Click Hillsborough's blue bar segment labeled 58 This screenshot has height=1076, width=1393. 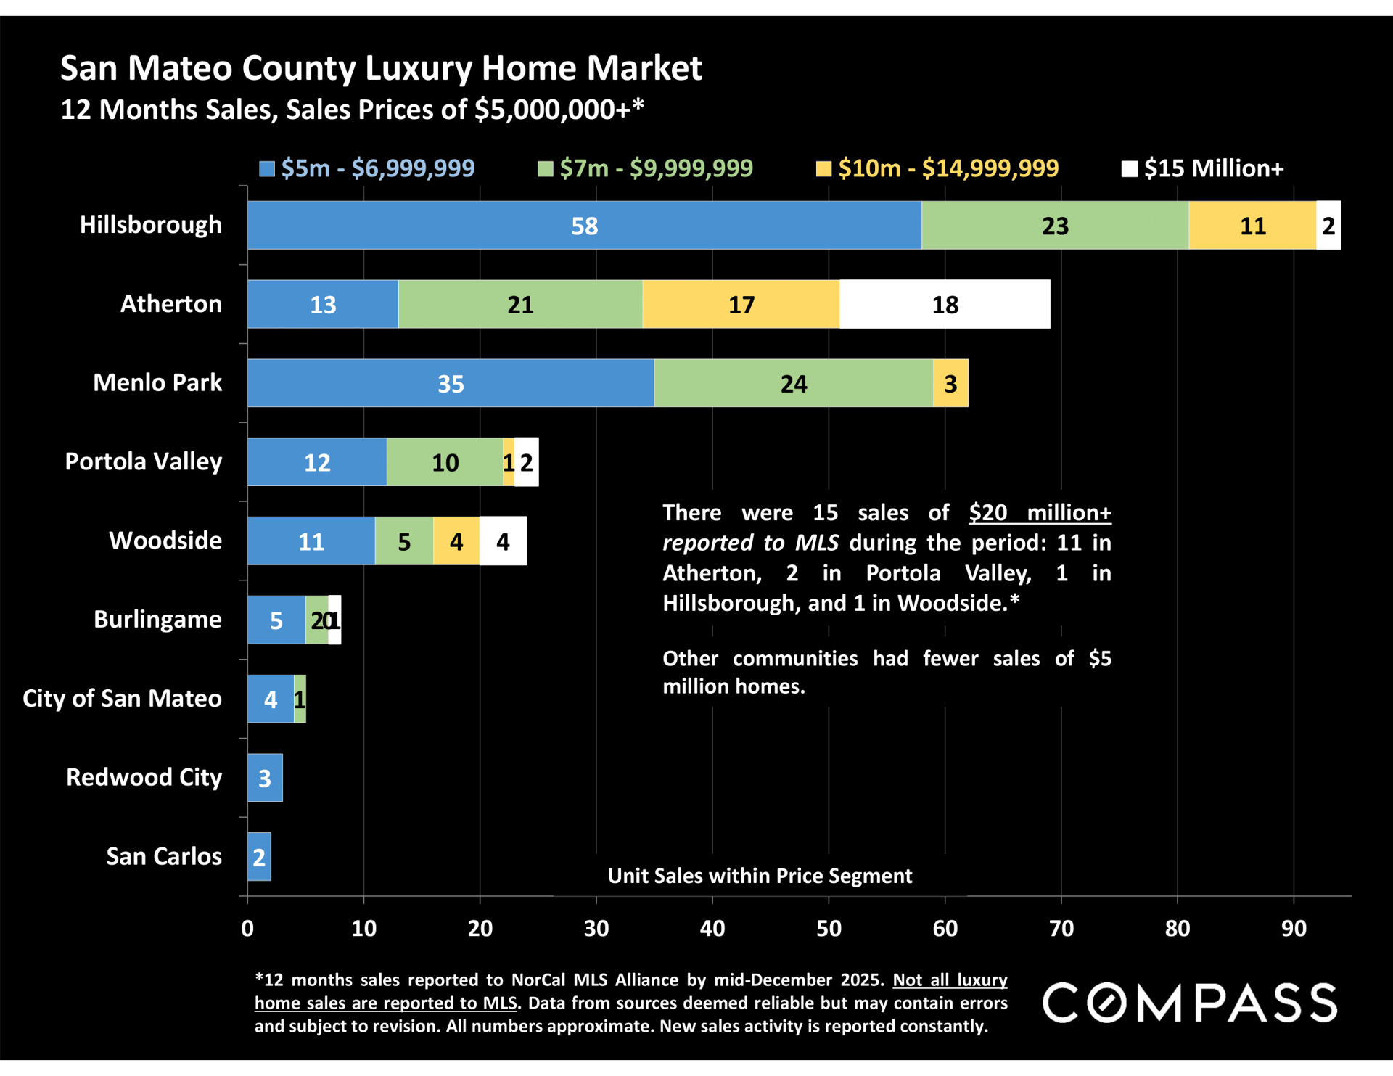click(x=584, y=226)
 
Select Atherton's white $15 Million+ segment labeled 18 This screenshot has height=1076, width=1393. click(x=945, y=304)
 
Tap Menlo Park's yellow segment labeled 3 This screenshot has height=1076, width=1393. click(x=950, y=383)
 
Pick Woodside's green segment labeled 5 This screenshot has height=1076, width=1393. click(x=404, y=541)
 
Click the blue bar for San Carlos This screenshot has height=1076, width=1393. click(x=259, y=857)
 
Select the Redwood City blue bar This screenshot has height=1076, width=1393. click(x=265, y=778)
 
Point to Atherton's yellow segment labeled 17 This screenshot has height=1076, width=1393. click(x=741, y=304)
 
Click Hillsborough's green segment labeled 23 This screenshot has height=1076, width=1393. click(x=1055, y=226)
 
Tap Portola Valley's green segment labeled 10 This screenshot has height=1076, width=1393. click(x=445, y=462)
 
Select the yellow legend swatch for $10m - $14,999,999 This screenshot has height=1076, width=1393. click(x=823, y=169)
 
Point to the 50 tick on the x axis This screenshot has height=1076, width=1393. click(x=829, y=928)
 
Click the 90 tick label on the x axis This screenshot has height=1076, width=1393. click(x=1294, y=928)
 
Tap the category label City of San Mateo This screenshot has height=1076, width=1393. click(x=122, y=698)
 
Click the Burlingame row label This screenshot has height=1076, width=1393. click(x=157, y=619)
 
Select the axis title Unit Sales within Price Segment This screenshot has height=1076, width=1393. click(x=760, y=876)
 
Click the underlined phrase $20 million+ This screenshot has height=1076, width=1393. click(x=1040, y=513)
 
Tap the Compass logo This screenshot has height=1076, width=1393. click(x=1190, y=1003)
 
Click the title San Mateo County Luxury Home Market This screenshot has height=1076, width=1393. click(x=381, y=68)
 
